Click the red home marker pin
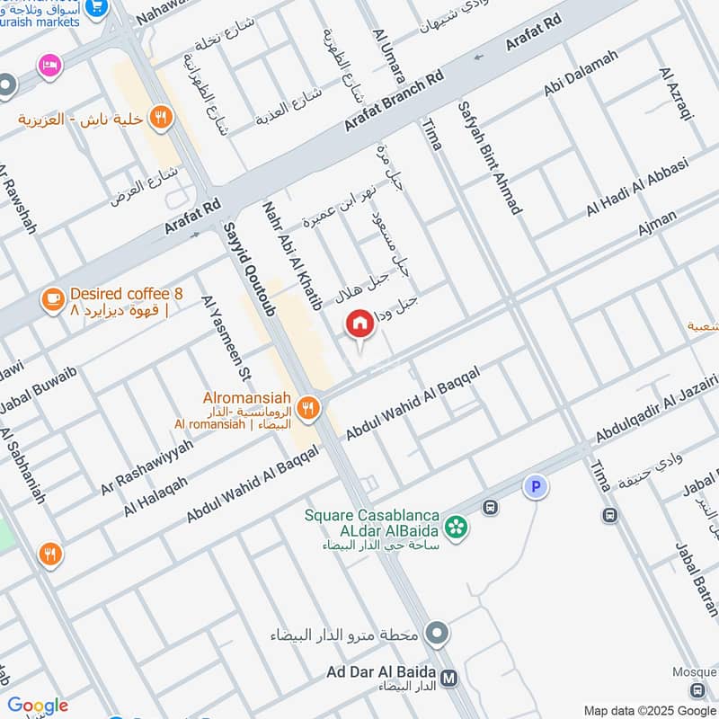(x=359, y=324)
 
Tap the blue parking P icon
(x=536, y=487)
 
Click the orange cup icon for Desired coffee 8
(x=53, y=300)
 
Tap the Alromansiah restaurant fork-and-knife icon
(x=309, y=407)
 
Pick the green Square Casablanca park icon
(x=457, y=527)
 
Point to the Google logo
(x=37, y=706)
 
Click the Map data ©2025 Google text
(x=650, y=709)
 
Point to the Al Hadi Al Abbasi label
(x=636, y=187)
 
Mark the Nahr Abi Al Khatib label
(x=292, y=255)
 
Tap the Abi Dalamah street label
(x=580, y=74)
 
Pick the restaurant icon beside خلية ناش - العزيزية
(x=161, y=115)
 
